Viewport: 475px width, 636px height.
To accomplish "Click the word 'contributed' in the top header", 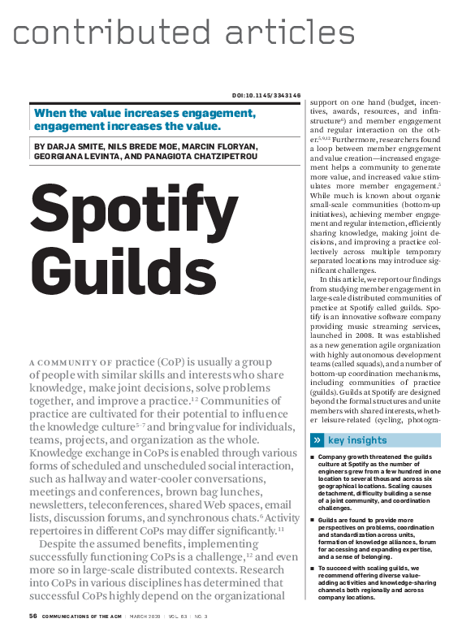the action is coord(101,32).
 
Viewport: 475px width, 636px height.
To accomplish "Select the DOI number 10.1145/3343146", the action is coord(272,95).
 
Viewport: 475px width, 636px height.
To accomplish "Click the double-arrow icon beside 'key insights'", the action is coord(317,440).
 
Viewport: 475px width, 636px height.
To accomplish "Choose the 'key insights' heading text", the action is coord(357,440).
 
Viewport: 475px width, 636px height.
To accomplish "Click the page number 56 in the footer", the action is coord(33,617).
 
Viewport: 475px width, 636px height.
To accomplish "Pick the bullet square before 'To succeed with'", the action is coord(312,569).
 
